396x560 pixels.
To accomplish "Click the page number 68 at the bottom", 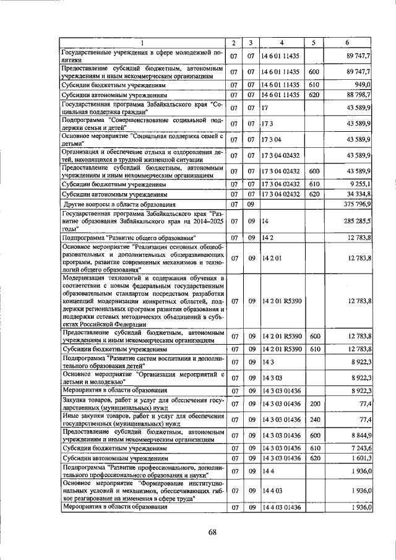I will [212, 532].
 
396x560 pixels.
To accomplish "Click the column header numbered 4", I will [282, 43].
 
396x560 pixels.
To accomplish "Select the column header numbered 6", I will [348, 43].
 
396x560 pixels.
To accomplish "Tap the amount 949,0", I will [363, 85].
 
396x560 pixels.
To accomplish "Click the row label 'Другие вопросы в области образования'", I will [116, 204].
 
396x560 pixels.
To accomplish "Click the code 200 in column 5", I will [314, 404].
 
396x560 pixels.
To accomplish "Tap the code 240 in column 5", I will [314, 420].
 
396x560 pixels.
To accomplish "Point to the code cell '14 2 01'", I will [272, 257].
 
